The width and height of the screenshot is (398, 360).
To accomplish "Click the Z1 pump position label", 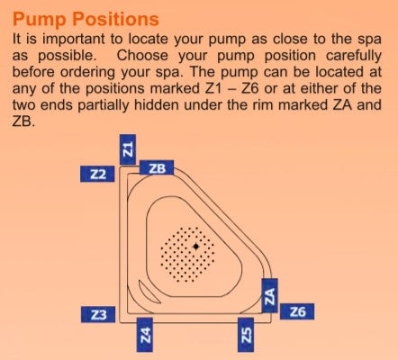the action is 128,149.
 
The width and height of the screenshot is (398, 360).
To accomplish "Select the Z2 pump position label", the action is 97,174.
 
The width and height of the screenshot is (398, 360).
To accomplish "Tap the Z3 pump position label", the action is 98,314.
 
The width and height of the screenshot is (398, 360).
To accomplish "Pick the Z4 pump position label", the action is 144,335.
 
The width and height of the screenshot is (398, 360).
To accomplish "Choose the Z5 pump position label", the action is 246,335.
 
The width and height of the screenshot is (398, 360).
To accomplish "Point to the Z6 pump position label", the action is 297,311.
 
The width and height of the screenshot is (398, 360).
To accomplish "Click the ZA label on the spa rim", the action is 269,295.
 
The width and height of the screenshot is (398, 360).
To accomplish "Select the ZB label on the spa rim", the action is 157,168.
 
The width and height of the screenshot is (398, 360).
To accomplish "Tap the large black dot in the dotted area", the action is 196,247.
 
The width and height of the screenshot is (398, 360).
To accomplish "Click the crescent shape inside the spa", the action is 146,293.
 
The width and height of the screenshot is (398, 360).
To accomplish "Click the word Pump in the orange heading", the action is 40,20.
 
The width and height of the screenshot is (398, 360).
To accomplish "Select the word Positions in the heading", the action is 115,19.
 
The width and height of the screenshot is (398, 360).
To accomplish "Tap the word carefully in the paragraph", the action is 353,57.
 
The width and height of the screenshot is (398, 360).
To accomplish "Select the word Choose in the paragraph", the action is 142,56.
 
